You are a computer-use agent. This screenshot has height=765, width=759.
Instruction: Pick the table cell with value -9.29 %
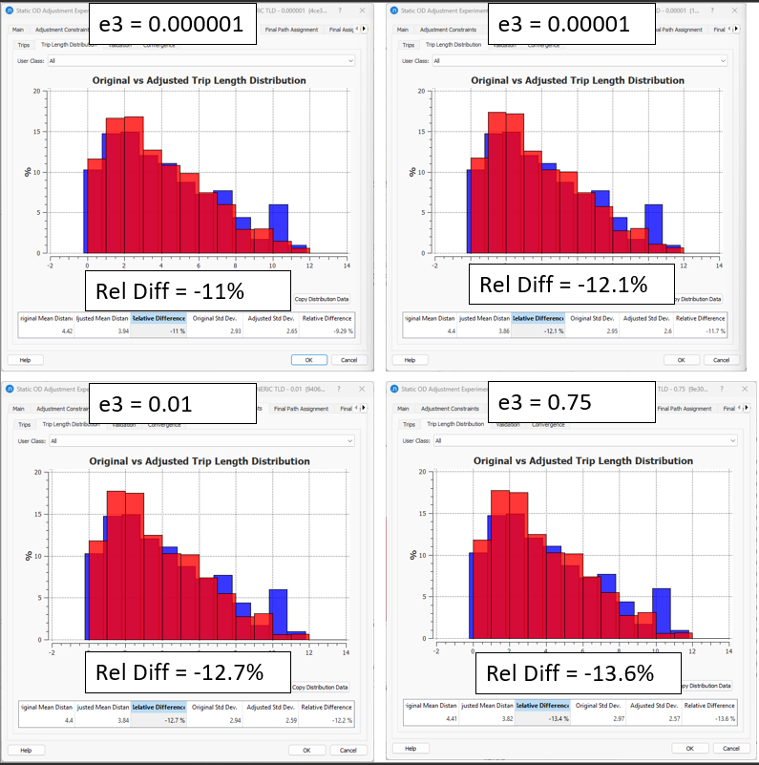[327, 331]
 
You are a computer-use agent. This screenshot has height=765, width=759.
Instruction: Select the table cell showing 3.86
[484, 331]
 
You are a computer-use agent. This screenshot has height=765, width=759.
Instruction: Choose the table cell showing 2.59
[265, 719]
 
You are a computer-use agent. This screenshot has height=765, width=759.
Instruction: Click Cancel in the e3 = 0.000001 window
[348, 360]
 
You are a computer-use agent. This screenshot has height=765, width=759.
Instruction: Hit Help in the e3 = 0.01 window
[26, 750]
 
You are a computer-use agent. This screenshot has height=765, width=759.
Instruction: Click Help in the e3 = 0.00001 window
[410, 360]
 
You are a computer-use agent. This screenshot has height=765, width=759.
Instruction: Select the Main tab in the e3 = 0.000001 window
[18, 30]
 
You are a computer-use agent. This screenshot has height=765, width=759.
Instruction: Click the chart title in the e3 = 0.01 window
[199, 460]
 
